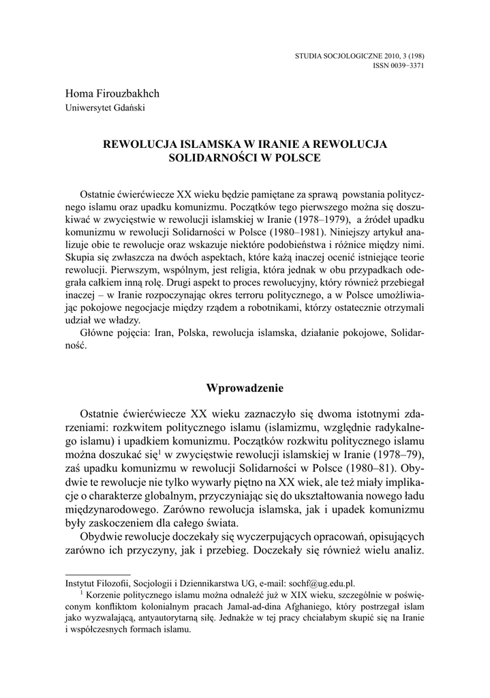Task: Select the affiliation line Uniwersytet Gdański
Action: coord(105,107)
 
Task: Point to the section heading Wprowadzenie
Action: coord(245,388)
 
